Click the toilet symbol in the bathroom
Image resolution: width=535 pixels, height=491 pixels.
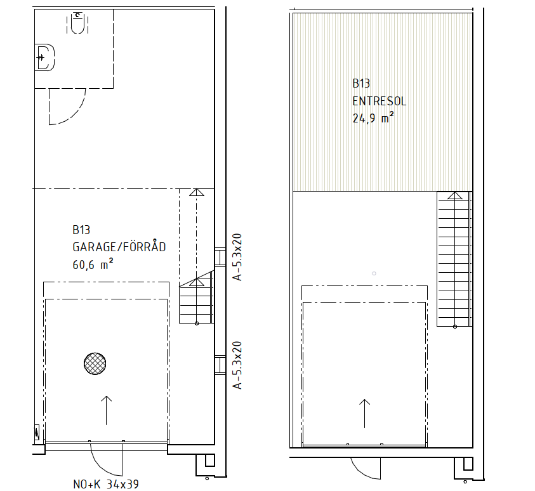click(x=78, y=23)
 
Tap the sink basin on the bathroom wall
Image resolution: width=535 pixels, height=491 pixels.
click(x=44, y=57)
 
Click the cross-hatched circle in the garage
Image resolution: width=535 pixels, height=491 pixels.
click(x=95, y=363)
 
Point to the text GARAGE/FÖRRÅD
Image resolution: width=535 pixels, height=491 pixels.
click(x=119, y=247)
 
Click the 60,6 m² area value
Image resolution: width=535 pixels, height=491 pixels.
click(x=93, y=265)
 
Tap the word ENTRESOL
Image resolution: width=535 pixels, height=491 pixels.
click(x=379, y=101)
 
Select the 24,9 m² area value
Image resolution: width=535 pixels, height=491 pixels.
click(x=373, y=118)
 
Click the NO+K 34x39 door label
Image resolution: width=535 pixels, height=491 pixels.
click(x=106, y=484)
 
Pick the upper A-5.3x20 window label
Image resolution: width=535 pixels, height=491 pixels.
click(x=237, y=257)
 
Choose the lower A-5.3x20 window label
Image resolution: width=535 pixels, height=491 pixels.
click(x=237, y=365)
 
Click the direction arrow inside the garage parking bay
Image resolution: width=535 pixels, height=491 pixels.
click(x=107, y=410)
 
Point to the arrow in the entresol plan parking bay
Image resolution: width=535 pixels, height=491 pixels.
click(x=365, y=414)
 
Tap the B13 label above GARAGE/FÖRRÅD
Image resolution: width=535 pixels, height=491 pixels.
click(x=81, y=230)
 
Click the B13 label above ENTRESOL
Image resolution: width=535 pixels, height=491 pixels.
click(x=361, y=83)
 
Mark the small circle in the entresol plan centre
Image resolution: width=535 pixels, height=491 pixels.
click(x=374, y=273)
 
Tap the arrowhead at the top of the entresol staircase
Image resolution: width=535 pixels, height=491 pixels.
click(x=454, y=195)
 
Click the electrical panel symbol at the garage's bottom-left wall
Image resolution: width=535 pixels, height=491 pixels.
click(x=37, y=433)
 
